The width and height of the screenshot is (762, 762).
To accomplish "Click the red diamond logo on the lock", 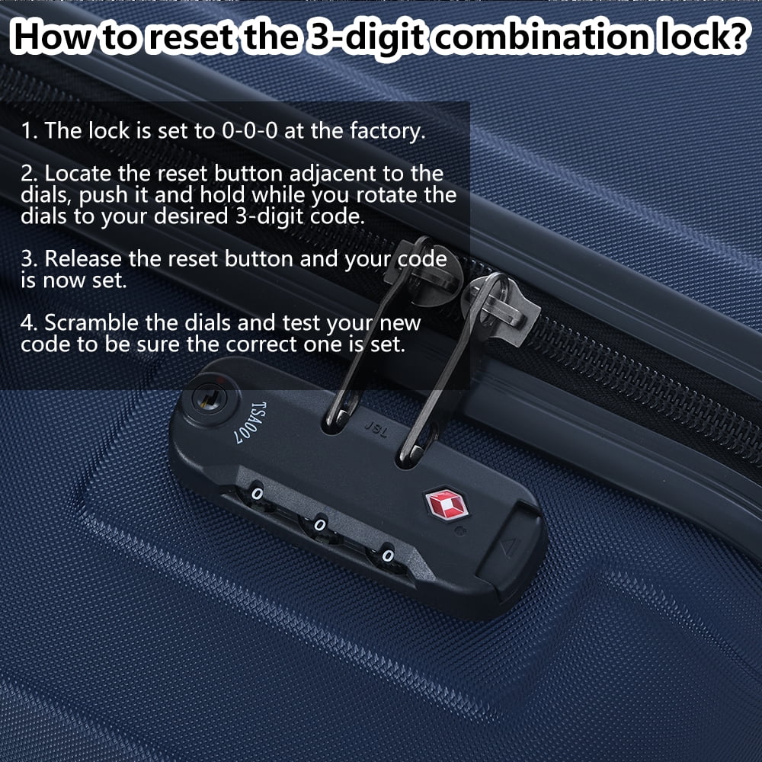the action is tap(447, 504).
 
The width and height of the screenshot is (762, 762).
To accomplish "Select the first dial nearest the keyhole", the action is tap(257, 495).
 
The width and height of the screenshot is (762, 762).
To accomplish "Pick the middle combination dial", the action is tap(319, 525).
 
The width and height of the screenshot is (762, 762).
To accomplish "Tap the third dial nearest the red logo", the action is tap(387, 555).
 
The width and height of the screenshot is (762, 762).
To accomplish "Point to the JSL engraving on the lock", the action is tap(376, 430).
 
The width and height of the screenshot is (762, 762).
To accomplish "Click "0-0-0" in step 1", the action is tap(249, 131).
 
